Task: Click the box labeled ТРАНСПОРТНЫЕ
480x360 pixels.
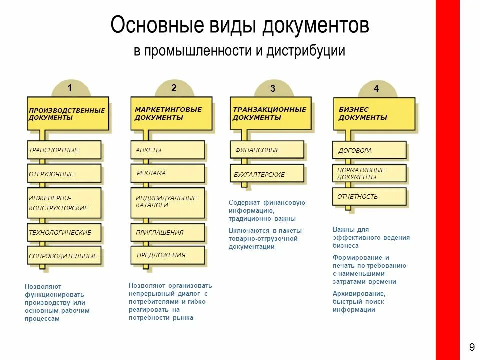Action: pos(64,150)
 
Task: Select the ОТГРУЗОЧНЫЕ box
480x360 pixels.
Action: pos(64,174)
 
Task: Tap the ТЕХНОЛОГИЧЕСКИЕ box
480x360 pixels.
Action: pos(64,232)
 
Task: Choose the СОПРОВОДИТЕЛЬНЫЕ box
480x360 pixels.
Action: pos(64,256)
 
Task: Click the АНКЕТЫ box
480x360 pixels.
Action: pos(168,150)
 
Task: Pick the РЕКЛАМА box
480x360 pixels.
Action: pos(168,173)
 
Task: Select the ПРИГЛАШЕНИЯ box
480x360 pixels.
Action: pos(168,232)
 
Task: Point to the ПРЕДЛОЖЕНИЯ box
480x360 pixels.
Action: pos(168,255)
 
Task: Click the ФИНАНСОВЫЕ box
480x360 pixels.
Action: pos(267,150)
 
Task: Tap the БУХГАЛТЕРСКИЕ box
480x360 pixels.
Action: pos(267,174)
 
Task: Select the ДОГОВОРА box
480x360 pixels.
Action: pos(369,150)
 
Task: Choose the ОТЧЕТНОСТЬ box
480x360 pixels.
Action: pos(369,197)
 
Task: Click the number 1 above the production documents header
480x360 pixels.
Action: pos(70,88)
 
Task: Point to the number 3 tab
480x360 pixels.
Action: pos(273,89)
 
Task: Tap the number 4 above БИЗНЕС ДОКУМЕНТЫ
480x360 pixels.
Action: pos(376,89)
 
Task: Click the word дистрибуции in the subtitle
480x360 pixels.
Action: pos(306,51)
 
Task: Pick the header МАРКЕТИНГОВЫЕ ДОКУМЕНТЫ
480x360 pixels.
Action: pos(168,113)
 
